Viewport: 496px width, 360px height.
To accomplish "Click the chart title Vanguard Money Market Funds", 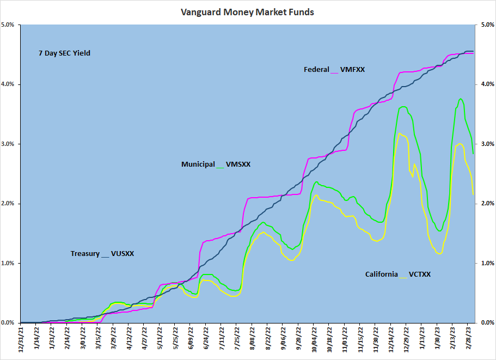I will [247, 12].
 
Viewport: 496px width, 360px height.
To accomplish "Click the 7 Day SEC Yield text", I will [64, 53].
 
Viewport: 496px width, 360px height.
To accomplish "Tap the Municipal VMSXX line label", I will [216, 164].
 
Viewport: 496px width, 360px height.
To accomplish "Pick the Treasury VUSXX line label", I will [102, 254].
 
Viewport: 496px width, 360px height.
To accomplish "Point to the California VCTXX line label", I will [397, 274].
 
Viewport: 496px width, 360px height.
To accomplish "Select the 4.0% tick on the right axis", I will [486, 84].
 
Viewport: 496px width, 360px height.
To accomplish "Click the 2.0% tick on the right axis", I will [486, 204].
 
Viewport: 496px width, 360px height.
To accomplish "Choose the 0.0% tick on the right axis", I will [486, 323].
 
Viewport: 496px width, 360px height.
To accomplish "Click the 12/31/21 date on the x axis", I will [21, 340].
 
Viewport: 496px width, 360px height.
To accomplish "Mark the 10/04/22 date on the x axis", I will [314, 340].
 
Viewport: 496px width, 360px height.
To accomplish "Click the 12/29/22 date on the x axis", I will [407, 340].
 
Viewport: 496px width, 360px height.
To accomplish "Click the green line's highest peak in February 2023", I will [461, 99].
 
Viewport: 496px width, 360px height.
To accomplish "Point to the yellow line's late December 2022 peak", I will [400, 133].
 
